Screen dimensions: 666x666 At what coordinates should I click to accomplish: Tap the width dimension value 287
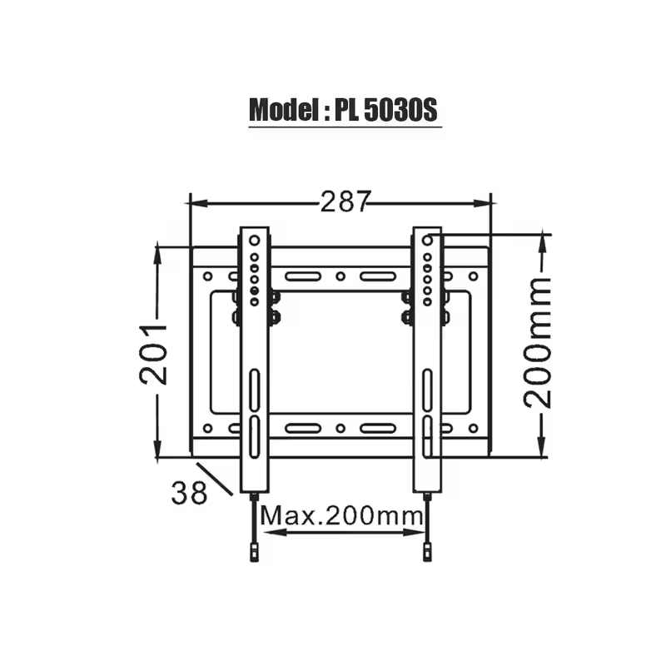[x=344, y=202]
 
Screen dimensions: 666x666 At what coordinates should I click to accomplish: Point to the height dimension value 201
[x=155, y=353]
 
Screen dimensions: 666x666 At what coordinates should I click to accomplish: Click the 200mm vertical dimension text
[x=539, y=343]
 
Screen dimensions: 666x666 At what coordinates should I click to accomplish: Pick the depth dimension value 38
[x=189, y=493]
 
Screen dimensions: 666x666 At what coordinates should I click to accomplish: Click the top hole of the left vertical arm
[x=254, y=240]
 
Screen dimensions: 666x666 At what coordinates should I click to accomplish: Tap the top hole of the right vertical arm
[x=427, y=240]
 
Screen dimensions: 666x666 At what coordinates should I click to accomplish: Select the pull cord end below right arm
[x=427, y=550]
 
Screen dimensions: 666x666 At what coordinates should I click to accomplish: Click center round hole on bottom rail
[x=340, y=429]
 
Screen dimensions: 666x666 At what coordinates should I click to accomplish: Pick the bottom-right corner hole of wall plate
[x=473, y=429]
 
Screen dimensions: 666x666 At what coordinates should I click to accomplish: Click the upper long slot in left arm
[x=254, y=391]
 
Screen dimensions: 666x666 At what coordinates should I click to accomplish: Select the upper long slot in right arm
[x=427, y=391]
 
